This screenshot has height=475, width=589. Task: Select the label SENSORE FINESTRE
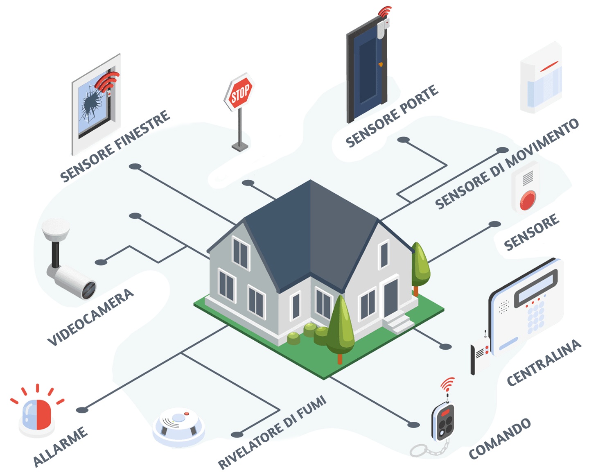(x=115, y=146)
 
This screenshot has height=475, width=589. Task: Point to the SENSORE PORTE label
(x=392, y=116)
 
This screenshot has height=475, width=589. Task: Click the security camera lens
(x=89, y=290)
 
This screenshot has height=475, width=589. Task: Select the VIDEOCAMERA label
(x=90, y=317)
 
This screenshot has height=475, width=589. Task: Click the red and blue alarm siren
(x=37, y=415)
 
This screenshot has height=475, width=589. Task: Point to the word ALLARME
(x=60, y=446)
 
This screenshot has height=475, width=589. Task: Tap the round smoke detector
(x=179, y=426)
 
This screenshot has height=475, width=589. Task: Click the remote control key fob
(x=443, y=422)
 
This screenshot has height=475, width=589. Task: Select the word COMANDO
(x=500, y=439)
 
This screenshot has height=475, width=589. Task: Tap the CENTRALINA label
(x=544, y=362)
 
